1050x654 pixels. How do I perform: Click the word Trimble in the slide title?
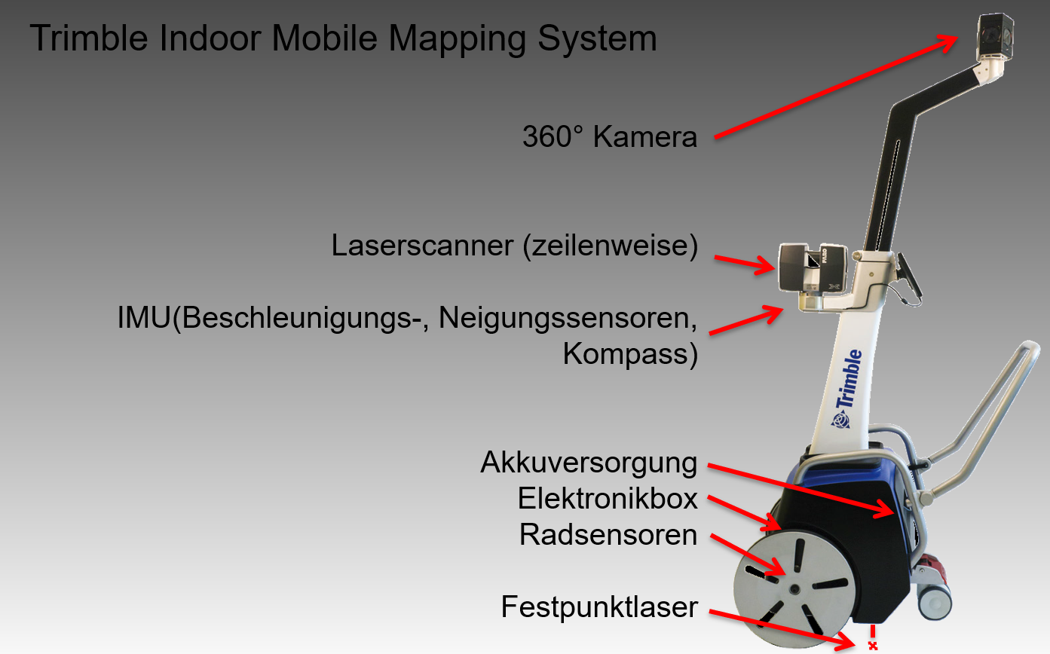coord(89,38)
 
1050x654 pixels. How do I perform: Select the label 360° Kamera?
coord(610,136)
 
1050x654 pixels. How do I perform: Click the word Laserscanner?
coord(422,245)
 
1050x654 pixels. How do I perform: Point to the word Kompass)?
coord(630,355)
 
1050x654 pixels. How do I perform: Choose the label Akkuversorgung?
coord(589,463)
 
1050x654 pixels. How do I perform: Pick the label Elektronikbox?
coord(608,498)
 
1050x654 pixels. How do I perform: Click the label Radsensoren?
coord(608,534)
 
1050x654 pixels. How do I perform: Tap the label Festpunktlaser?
coord(599,607)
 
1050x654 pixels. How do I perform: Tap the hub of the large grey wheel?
coord(794,589)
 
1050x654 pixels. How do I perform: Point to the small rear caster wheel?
coord(934,601)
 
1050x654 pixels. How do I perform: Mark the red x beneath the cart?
coord(873,646)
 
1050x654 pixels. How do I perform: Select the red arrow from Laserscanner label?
coord(745,264)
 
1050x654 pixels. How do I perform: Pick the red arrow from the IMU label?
coord(746,320)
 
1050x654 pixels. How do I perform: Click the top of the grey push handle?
coord(1030,348)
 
